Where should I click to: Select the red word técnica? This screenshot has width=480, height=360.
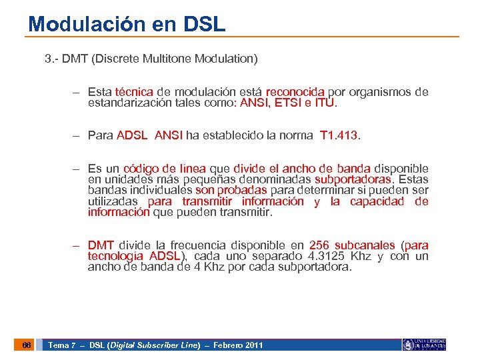coord(134,92)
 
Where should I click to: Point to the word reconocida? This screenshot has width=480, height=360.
coord(295,92)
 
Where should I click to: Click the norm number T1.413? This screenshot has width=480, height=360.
coord(339,135)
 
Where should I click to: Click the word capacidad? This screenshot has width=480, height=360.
coord(376,201)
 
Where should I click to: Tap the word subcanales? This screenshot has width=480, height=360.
coord(365,245)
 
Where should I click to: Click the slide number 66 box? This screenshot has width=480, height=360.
coord(26,345)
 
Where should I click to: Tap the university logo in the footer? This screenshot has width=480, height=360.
coord(423,345)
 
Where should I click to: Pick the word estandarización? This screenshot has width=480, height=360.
coord(131,103)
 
